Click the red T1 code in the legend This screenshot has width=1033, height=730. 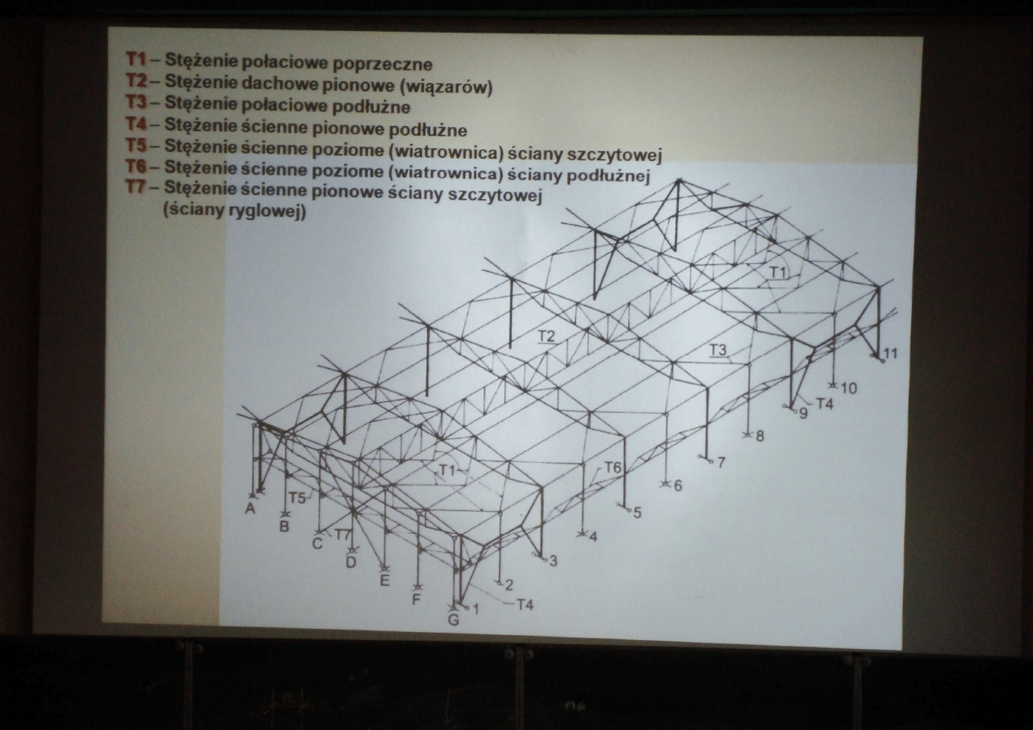coord(136,59)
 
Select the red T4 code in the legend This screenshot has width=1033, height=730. coord(137,123)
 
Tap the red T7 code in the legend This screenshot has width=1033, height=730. coord(136,187)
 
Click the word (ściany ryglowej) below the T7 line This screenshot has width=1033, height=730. coord(235,211)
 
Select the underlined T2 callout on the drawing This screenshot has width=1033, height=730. coord(546,337)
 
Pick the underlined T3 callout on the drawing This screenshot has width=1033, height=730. coord(717,350)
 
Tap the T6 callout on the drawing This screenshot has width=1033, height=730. coord(613,468)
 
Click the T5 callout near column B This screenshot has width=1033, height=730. coord(298,498)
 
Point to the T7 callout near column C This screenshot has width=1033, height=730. coord(343,535)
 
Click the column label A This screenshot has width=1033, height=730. coord(250,508)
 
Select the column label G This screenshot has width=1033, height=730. coord(454,620)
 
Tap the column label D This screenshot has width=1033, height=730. coord(351,562)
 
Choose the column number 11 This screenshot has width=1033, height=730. coord(891,353)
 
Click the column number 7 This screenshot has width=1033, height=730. coord(721,462)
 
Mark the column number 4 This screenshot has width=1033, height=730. coord(593,537)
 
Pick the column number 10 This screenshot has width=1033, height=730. coord(849,388)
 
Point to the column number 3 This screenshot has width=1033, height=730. coord(554,561)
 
